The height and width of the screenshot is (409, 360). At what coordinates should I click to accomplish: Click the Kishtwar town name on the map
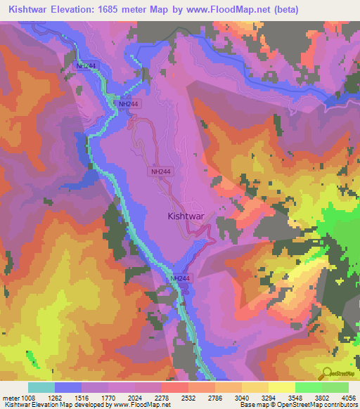pyautogui.click(x=186, y=217)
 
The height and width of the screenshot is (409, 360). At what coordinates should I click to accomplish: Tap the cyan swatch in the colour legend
pyautogui.click(x=41, y=387)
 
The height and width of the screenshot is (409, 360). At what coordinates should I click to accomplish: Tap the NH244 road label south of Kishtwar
pyautogui.click(x=180, y=279)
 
